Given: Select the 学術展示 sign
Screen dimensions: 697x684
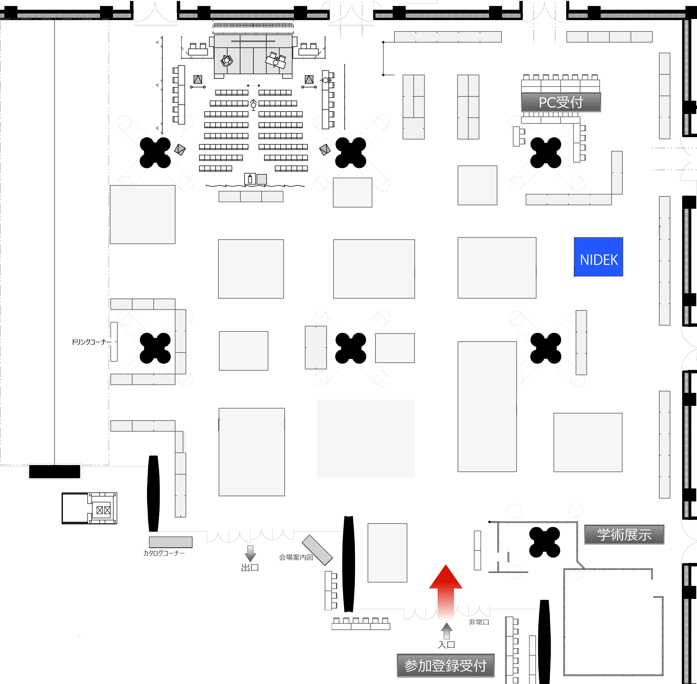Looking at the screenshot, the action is coord(624,534).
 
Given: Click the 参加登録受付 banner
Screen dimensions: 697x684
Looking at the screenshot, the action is coord(446,666).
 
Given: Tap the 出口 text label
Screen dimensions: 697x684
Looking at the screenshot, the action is coord(250,568).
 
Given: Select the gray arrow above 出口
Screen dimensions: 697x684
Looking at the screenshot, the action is coord(250,553).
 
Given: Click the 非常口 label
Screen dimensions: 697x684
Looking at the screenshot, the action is coord(479,622).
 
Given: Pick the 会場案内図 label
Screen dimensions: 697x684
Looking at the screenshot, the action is coord(296,557).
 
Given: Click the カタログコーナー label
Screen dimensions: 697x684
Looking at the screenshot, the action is coord(164,553).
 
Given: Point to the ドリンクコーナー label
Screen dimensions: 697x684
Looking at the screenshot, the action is coord(91,342).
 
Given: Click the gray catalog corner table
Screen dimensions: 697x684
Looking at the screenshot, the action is coord(171,542).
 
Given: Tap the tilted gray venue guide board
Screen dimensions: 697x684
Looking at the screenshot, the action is coord(317,550).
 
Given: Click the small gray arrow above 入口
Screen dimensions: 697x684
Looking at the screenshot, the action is coord(447,631).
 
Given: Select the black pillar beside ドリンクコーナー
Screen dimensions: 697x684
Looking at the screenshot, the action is coord(155,348).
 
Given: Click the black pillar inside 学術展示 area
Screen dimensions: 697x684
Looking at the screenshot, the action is coord(545,542).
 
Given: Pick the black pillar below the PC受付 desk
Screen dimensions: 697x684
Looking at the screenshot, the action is coord(546,153).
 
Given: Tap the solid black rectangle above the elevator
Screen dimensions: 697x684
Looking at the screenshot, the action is coord(55,472).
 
